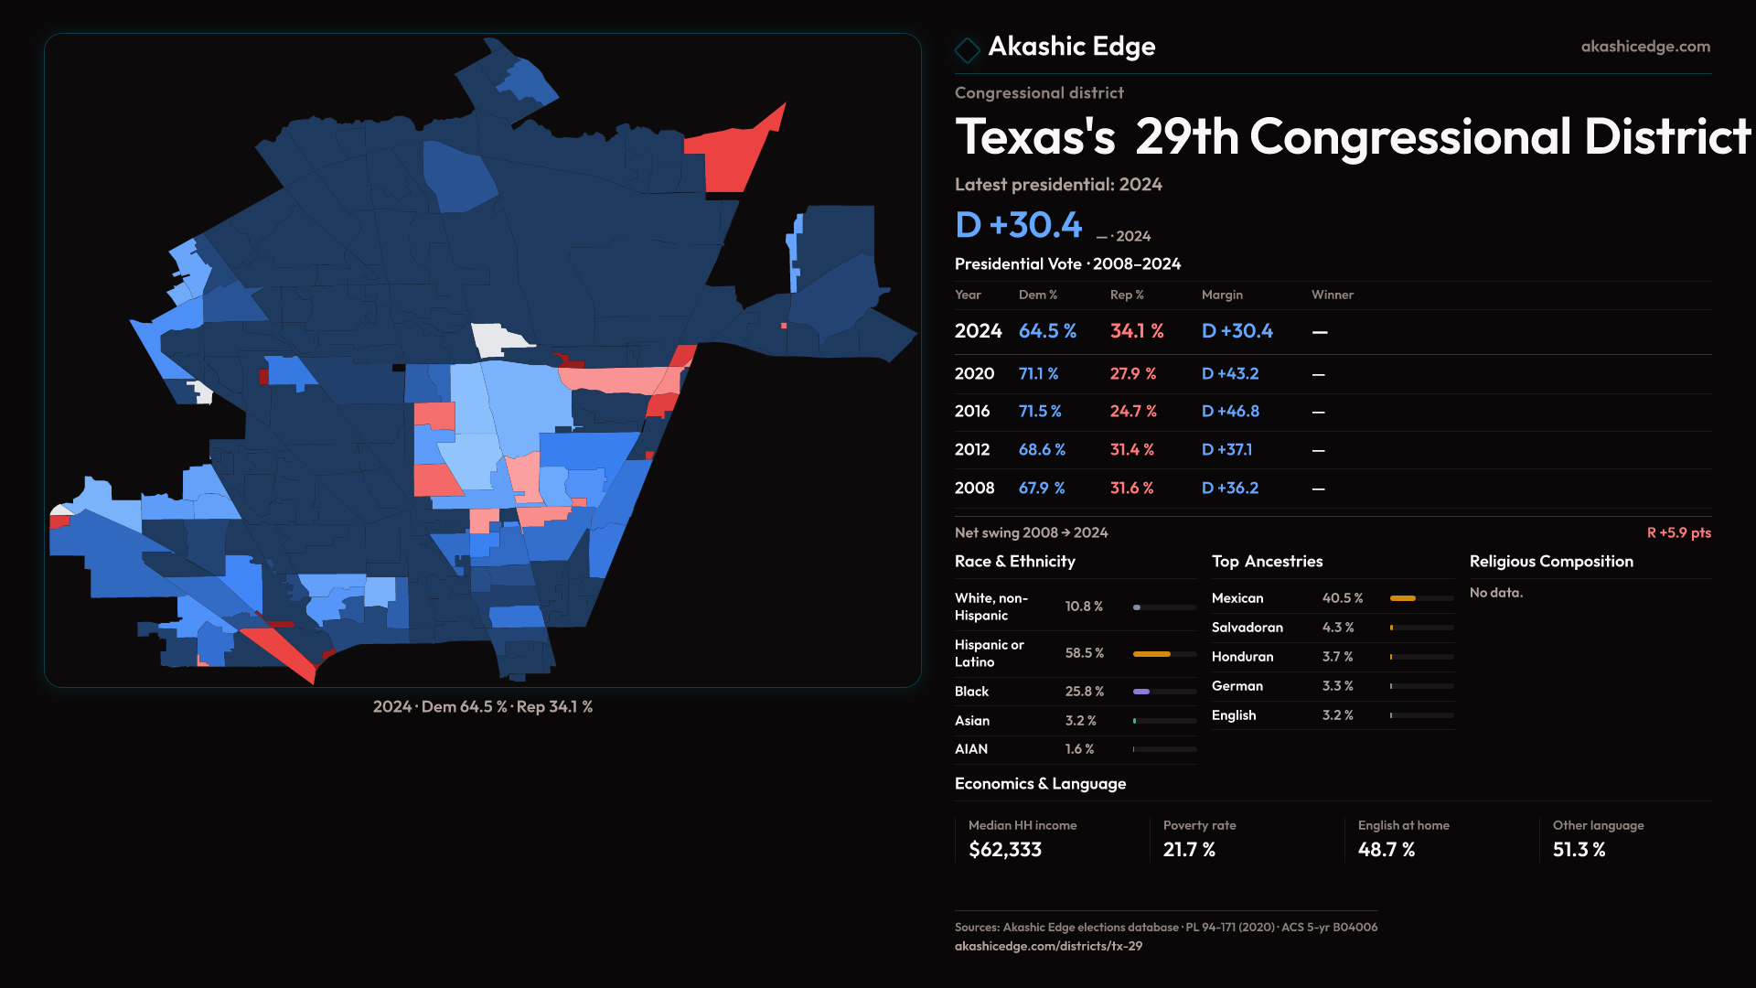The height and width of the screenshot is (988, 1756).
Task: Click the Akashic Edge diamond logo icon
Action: coord(967,48)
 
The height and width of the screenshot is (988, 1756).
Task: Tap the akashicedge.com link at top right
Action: coord(1644,47)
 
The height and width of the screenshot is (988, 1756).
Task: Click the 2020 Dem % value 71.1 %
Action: coord(1038,374)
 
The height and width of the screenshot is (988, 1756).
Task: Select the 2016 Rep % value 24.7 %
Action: coord(1132,412)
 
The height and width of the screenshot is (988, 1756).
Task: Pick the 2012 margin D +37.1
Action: coord(1226,450)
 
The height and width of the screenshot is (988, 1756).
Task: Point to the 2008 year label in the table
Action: coord(974,489)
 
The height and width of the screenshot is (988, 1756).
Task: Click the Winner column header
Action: coord(1332,295)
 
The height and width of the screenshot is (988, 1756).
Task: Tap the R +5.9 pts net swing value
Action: coord(1678,532)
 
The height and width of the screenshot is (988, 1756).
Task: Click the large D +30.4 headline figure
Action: coord(1018,225)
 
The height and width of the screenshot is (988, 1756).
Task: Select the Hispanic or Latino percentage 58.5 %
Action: coord(1084,653)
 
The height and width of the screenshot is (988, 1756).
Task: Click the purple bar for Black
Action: coord(1141,692)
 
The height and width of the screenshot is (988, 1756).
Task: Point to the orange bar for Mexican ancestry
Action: coord(1402,598)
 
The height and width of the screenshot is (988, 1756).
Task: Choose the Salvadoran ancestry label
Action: coord(1247,628)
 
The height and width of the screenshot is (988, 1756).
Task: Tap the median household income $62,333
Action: coord(1004,850)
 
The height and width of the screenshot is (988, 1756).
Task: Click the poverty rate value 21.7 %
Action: coord(1189,850)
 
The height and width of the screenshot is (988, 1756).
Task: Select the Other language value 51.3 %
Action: coord(1579,850)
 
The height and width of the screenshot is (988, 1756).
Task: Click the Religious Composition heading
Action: coord(1551,562)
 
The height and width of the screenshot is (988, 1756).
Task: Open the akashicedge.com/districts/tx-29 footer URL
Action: coord(1048,946)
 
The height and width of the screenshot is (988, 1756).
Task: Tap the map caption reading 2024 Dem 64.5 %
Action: coord(482,707)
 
